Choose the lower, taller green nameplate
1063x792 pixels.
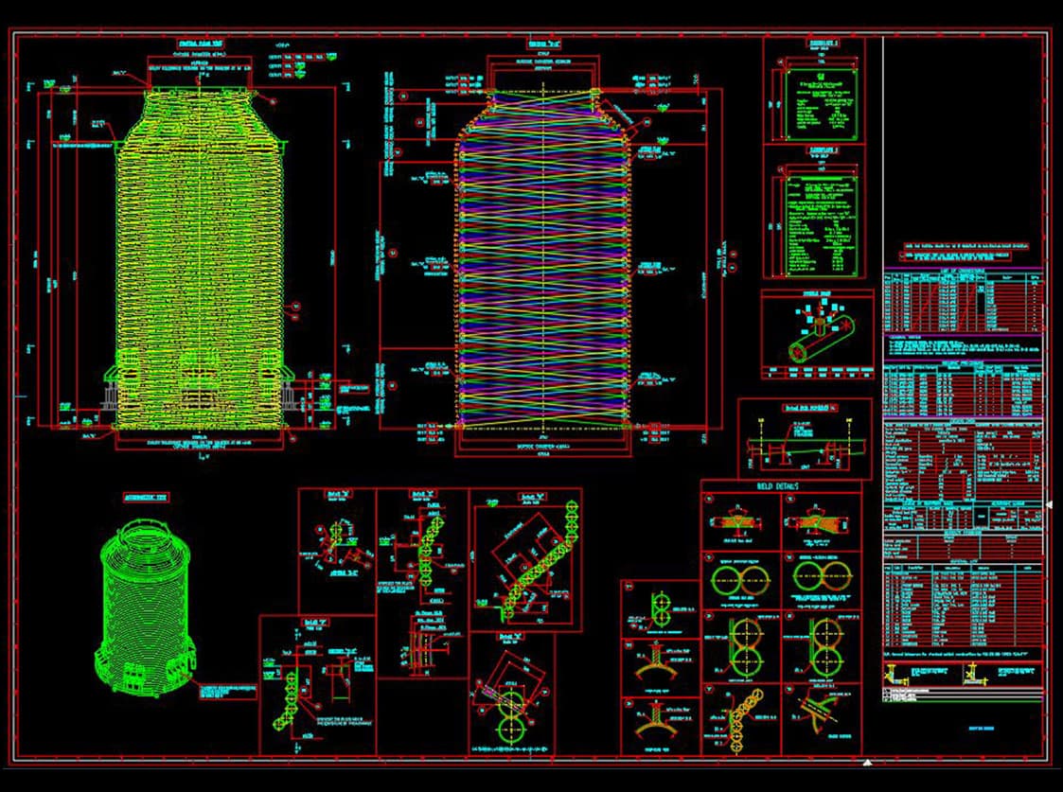822,223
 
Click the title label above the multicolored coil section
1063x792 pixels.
542,44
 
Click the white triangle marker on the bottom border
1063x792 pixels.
868,761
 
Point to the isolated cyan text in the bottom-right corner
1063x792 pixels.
963,729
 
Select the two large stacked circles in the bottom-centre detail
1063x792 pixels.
510,714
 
